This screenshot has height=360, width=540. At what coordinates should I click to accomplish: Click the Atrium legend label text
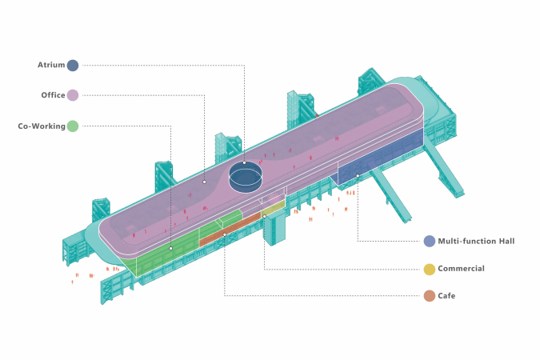coord(51,65)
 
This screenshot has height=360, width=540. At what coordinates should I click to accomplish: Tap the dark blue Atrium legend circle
coord(73,65)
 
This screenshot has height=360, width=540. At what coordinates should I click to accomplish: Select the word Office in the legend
coord(53,95)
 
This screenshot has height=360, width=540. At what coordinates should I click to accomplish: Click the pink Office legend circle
coord(73,95)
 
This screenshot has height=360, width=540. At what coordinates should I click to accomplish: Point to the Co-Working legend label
coord(42,126)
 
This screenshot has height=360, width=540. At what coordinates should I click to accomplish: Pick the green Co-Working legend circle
coord(73,126)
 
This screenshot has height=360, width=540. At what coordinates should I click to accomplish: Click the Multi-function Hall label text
coord(476,241)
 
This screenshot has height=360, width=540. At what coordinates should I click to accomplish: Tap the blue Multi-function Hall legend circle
coord(430,241)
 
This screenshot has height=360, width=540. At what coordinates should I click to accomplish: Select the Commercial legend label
coord(461,268)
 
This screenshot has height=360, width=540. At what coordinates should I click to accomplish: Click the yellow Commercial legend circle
coord(430,269)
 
